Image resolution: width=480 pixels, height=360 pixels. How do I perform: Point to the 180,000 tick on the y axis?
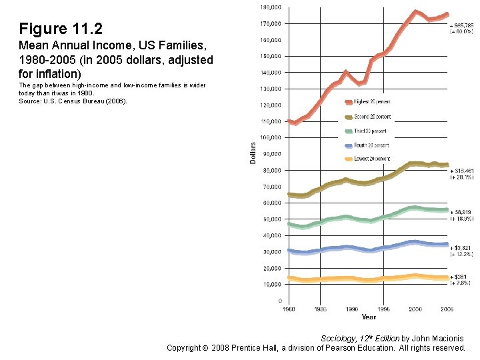coord(269,7)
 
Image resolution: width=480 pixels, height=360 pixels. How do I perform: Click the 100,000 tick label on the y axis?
coord(269,137)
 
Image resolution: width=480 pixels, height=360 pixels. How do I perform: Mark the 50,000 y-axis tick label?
coord(271,219)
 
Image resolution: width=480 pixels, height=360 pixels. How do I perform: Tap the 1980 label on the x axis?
coord(288,309)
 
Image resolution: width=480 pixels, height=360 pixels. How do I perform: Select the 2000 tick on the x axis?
coord(415,309)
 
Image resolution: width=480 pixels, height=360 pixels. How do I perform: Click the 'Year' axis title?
coord(369,317)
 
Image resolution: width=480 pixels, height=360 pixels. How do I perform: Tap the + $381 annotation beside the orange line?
coord(459,276)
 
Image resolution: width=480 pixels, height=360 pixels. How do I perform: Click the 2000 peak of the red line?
coord(415,11)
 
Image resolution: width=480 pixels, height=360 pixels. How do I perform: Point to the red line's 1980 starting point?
coord(289,121)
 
